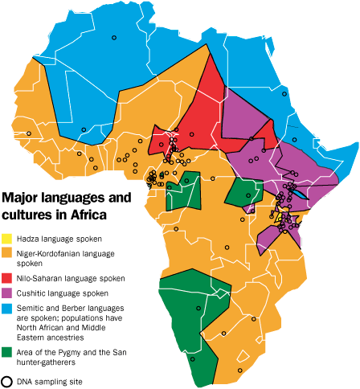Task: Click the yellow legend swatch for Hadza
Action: pos(7,239)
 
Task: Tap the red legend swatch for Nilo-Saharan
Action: pos(7,278)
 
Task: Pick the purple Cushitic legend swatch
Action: pos(7,293)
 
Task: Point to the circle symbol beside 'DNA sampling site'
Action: pos(7,381)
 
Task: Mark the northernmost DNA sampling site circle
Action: pos(115,37)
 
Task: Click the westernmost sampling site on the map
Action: pos(30,133)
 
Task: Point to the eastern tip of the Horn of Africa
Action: pos(354,144)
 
